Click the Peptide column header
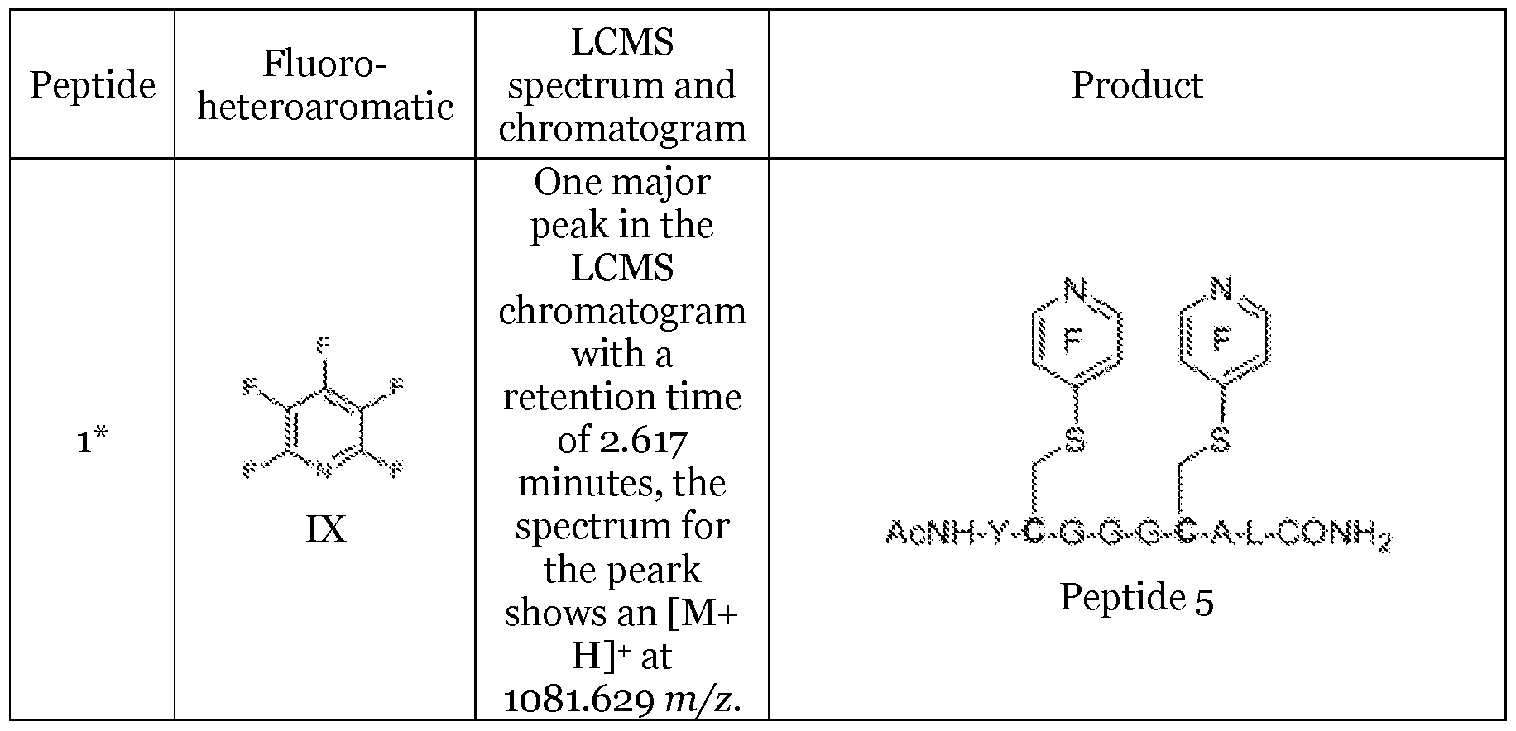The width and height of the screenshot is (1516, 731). (x=93, y=85)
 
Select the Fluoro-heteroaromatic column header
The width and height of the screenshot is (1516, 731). (x=325, y=85)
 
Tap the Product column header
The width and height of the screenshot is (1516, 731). (x=1137, y=85)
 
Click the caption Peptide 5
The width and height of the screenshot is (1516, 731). (x=1137, y=597)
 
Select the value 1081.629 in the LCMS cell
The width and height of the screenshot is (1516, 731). (x=578, y=700)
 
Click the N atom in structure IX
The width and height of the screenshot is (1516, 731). (x=323, y=471)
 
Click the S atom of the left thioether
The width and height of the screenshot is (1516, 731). (x=1074, y=440)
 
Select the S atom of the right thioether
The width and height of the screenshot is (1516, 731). (x=1220, y=440)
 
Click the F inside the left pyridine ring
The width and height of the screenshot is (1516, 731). (x=1073, y=339)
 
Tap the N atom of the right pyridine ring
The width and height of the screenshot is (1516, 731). (x=1221, y=289)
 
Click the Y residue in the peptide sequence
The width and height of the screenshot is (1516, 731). (x=999, y=533)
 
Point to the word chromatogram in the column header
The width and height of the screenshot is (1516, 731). (x=622, y=128)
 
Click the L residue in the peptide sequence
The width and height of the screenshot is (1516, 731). (x=1254, y=533)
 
